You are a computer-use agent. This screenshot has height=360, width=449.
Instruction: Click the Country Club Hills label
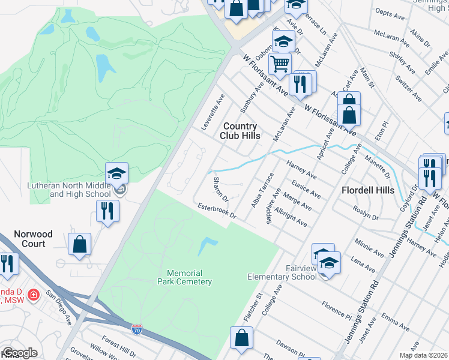click(x=240, y=131)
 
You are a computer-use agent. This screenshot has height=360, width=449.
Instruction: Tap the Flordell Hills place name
click(x=367, y=190)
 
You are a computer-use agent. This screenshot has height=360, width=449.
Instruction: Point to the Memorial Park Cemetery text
click(x=185, y=277)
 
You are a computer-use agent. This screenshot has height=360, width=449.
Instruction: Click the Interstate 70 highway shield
click(x=137, y=328)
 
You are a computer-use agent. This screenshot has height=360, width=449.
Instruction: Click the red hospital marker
click(x=34, y=295)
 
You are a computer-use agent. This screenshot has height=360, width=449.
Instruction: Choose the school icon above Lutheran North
click(x=116, y=173)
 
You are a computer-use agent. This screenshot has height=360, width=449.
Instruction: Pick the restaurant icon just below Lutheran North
click(x=107, y=211)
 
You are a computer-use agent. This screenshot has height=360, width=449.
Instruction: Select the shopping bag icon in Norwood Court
click(x=79, y=244)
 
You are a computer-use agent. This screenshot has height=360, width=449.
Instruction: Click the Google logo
click(x=20, y=353)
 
